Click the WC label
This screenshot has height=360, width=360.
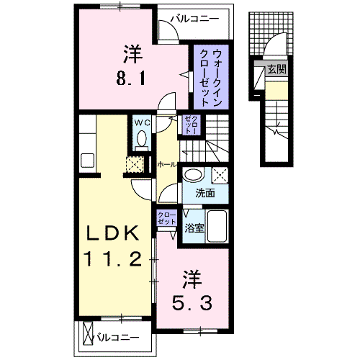click(141, 122)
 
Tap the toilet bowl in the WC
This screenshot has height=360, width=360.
click(141, 140)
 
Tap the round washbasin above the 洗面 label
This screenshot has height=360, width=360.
click(193, 174)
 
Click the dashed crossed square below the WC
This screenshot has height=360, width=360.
click(135, 164)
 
